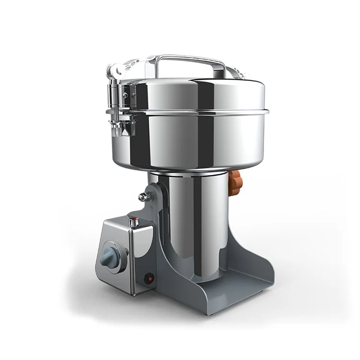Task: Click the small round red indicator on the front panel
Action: click(149, 277)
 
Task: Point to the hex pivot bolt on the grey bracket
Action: click(143, 197)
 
